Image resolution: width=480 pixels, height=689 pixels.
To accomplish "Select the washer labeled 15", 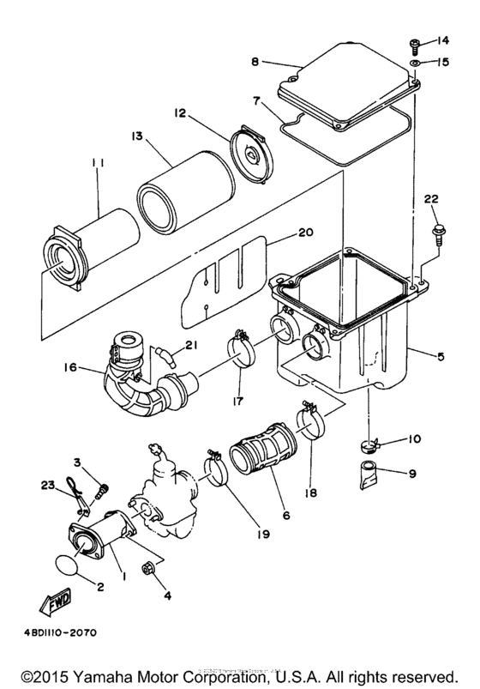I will click(413, 63).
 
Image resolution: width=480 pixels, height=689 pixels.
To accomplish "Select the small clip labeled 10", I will click(369, 444).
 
